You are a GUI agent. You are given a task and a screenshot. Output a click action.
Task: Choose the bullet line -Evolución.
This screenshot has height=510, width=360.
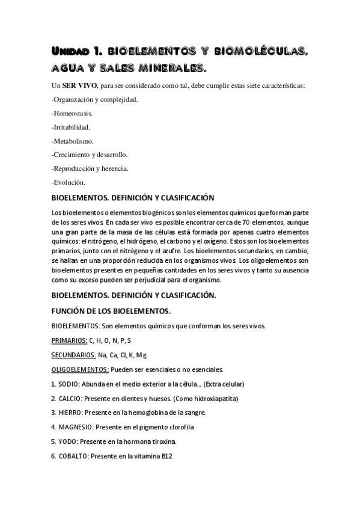pos(69,182)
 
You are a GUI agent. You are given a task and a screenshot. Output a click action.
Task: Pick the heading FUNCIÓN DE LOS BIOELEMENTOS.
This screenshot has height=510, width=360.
pos(111,311)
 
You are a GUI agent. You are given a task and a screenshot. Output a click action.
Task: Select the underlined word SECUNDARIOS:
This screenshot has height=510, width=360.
pos(74,355)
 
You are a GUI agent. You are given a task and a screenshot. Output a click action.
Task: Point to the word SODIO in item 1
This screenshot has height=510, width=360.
pos(68,384)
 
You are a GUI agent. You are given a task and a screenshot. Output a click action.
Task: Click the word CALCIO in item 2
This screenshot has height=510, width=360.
pos(70,398)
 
